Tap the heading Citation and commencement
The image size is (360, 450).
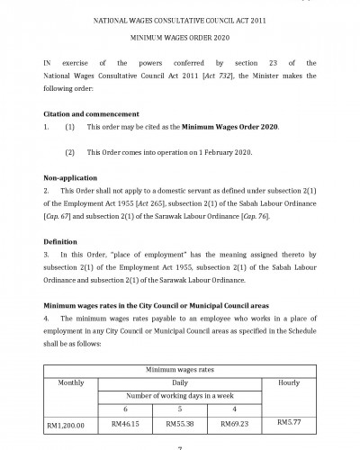coord(91,114)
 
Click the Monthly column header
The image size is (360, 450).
coord(71,382)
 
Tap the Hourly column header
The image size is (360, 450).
coord(290,382)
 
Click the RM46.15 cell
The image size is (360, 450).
coord(127,421)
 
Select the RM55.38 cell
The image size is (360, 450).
coord(181,421)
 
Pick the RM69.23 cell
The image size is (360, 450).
coord(236,421)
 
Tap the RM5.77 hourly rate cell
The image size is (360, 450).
coord(290,420)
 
